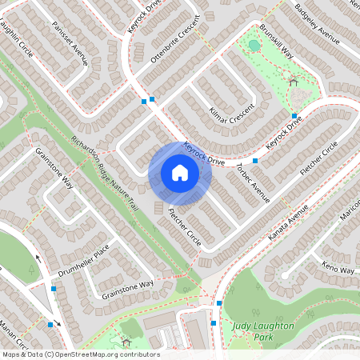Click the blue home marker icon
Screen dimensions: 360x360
[x=180, y=173]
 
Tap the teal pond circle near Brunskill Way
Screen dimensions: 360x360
[x=254, y=46]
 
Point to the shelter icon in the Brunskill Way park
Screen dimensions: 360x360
[x=294, y=80]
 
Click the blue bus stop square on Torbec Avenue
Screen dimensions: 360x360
[x=254, y=161]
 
